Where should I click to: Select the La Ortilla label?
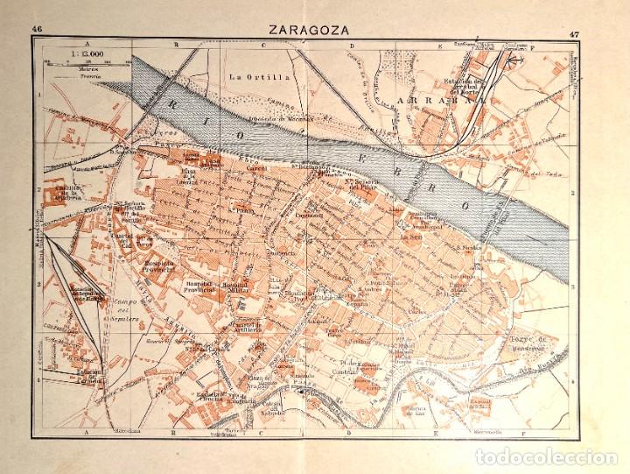click(x=246, y=76)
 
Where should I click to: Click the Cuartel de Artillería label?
click(x=247, y=325)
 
